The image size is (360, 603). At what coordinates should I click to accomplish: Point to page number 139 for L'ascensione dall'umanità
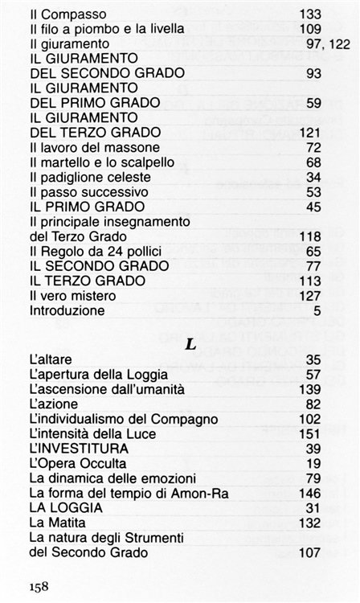tap(310, 389)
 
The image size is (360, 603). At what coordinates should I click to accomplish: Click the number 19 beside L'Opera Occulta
tap(313, 463)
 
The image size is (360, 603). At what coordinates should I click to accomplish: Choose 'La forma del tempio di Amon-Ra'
tap(115, 492)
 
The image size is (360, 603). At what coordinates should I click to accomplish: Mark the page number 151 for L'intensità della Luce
tap(310, 433)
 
